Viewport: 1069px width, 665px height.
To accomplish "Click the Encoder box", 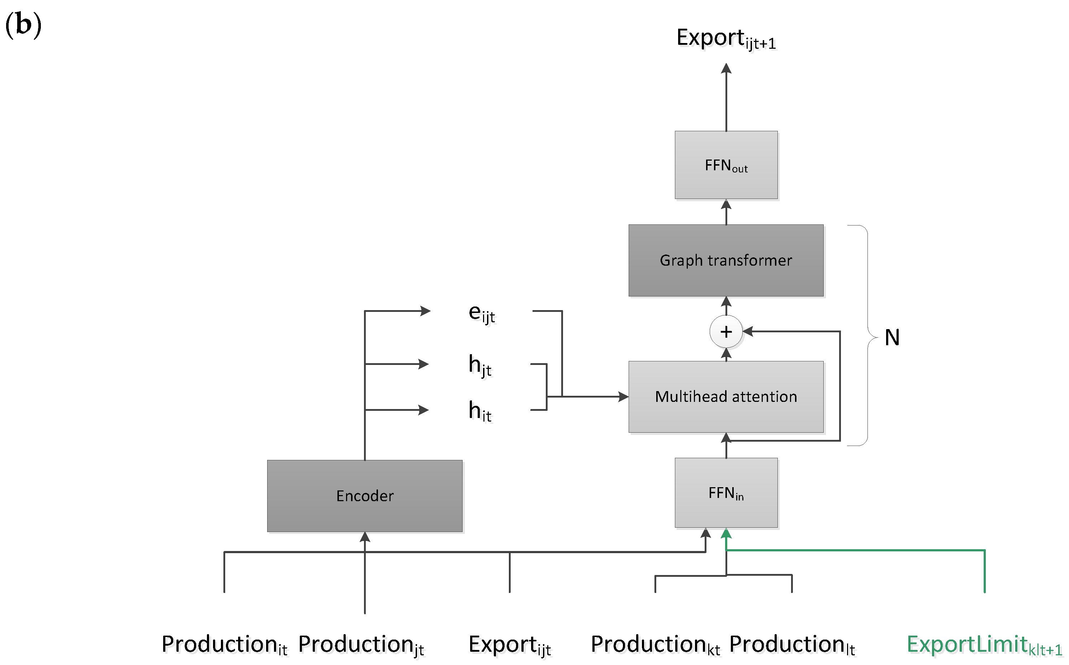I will [x=365, y=496].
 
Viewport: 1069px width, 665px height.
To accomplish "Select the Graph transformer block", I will [x=726, y=260].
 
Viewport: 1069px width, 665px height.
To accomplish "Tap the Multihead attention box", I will [x=726, y=397].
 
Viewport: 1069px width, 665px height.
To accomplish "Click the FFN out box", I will [x=726, y=165].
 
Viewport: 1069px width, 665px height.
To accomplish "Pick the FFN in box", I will [x=726, y=493].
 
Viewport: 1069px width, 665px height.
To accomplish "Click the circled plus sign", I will [x=726, y=332].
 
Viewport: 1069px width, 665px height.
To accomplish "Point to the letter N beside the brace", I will [x=892, y=338].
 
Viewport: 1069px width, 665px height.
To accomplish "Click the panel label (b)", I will [x=23, y=25].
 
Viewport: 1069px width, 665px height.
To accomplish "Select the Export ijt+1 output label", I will [x=726, y=39].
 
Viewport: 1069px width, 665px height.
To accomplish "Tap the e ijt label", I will [x=481, y=314].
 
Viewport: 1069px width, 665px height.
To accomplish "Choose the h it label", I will [x=479, y=411].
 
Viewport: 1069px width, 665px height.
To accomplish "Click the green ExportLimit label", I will [x=984, y=645].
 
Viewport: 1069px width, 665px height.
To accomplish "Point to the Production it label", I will [x=224, y=645].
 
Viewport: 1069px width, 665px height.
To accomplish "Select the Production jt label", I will [x=361, y=645].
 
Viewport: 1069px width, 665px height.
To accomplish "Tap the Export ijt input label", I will [x=510, y=645].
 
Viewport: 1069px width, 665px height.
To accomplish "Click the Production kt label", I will [x=655, y=645].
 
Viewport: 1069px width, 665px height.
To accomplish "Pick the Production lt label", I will [x=792, y=645].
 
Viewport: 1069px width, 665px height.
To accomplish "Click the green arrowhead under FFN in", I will [x=726, y=533].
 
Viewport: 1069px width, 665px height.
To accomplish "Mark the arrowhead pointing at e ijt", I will [x=425, y=311].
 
